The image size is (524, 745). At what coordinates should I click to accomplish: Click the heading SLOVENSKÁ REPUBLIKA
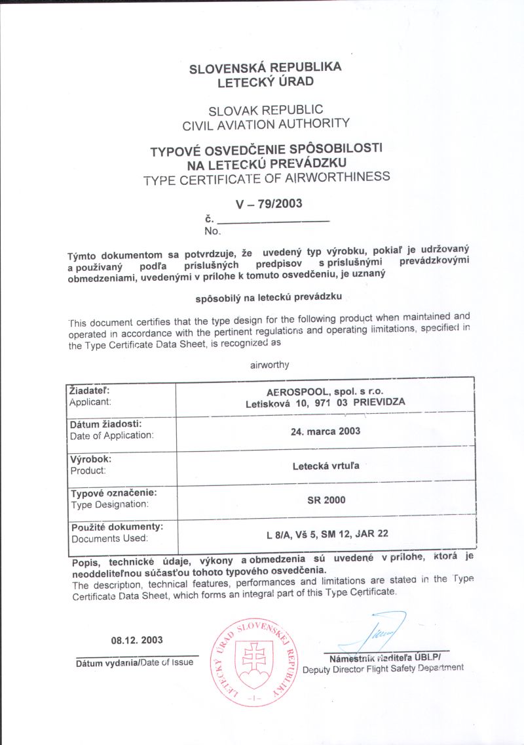(x=265, y=68)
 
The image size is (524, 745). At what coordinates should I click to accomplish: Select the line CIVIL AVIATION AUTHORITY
(x=266, y=123)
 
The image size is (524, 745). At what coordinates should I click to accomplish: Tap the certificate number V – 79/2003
(x=271, y=204)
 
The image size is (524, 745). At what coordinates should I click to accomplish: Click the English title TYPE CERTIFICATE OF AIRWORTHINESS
(x=267, y=178)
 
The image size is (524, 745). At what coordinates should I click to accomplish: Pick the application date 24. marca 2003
(x=326, y=432)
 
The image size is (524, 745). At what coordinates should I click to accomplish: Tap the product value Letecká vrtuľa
(x=326, y=468)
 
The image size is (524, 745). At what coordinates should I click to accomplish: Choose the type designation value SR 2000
(x=326, y=500)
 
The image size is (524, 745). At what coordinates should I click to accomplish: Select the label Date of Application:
(x=111, y=435)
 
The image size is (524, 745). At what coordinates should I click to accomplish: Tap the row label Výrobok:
(x=90, y=459)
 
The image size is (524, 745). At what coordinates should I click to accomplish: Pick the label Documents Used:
(x=109, y=538)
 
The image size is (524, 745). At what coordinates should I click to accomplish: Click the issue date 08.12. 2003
(x=136, y=640)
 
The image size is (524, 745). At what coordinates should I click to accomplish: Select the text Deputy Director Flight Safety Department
(x=383, y=668)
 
